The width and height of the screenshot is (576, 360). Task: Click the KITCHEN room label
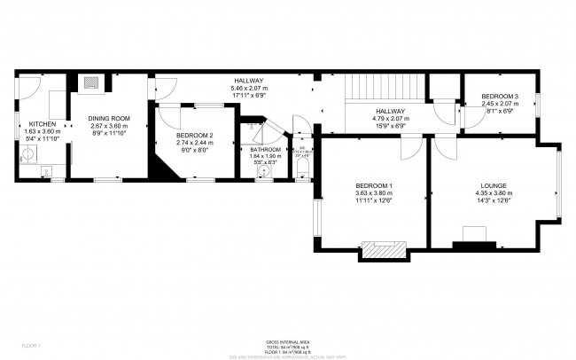click(43, 124)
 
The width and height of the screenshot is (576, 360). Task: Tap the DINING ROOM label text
click(108, 118)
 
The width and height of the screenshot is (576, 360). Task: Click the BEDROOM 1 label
click(373, 184)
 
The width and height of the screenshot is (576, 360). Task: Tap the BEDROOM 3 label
click(501, 96)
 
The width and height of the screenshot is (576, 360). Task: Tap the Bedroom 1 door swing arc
click(410, 149)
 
